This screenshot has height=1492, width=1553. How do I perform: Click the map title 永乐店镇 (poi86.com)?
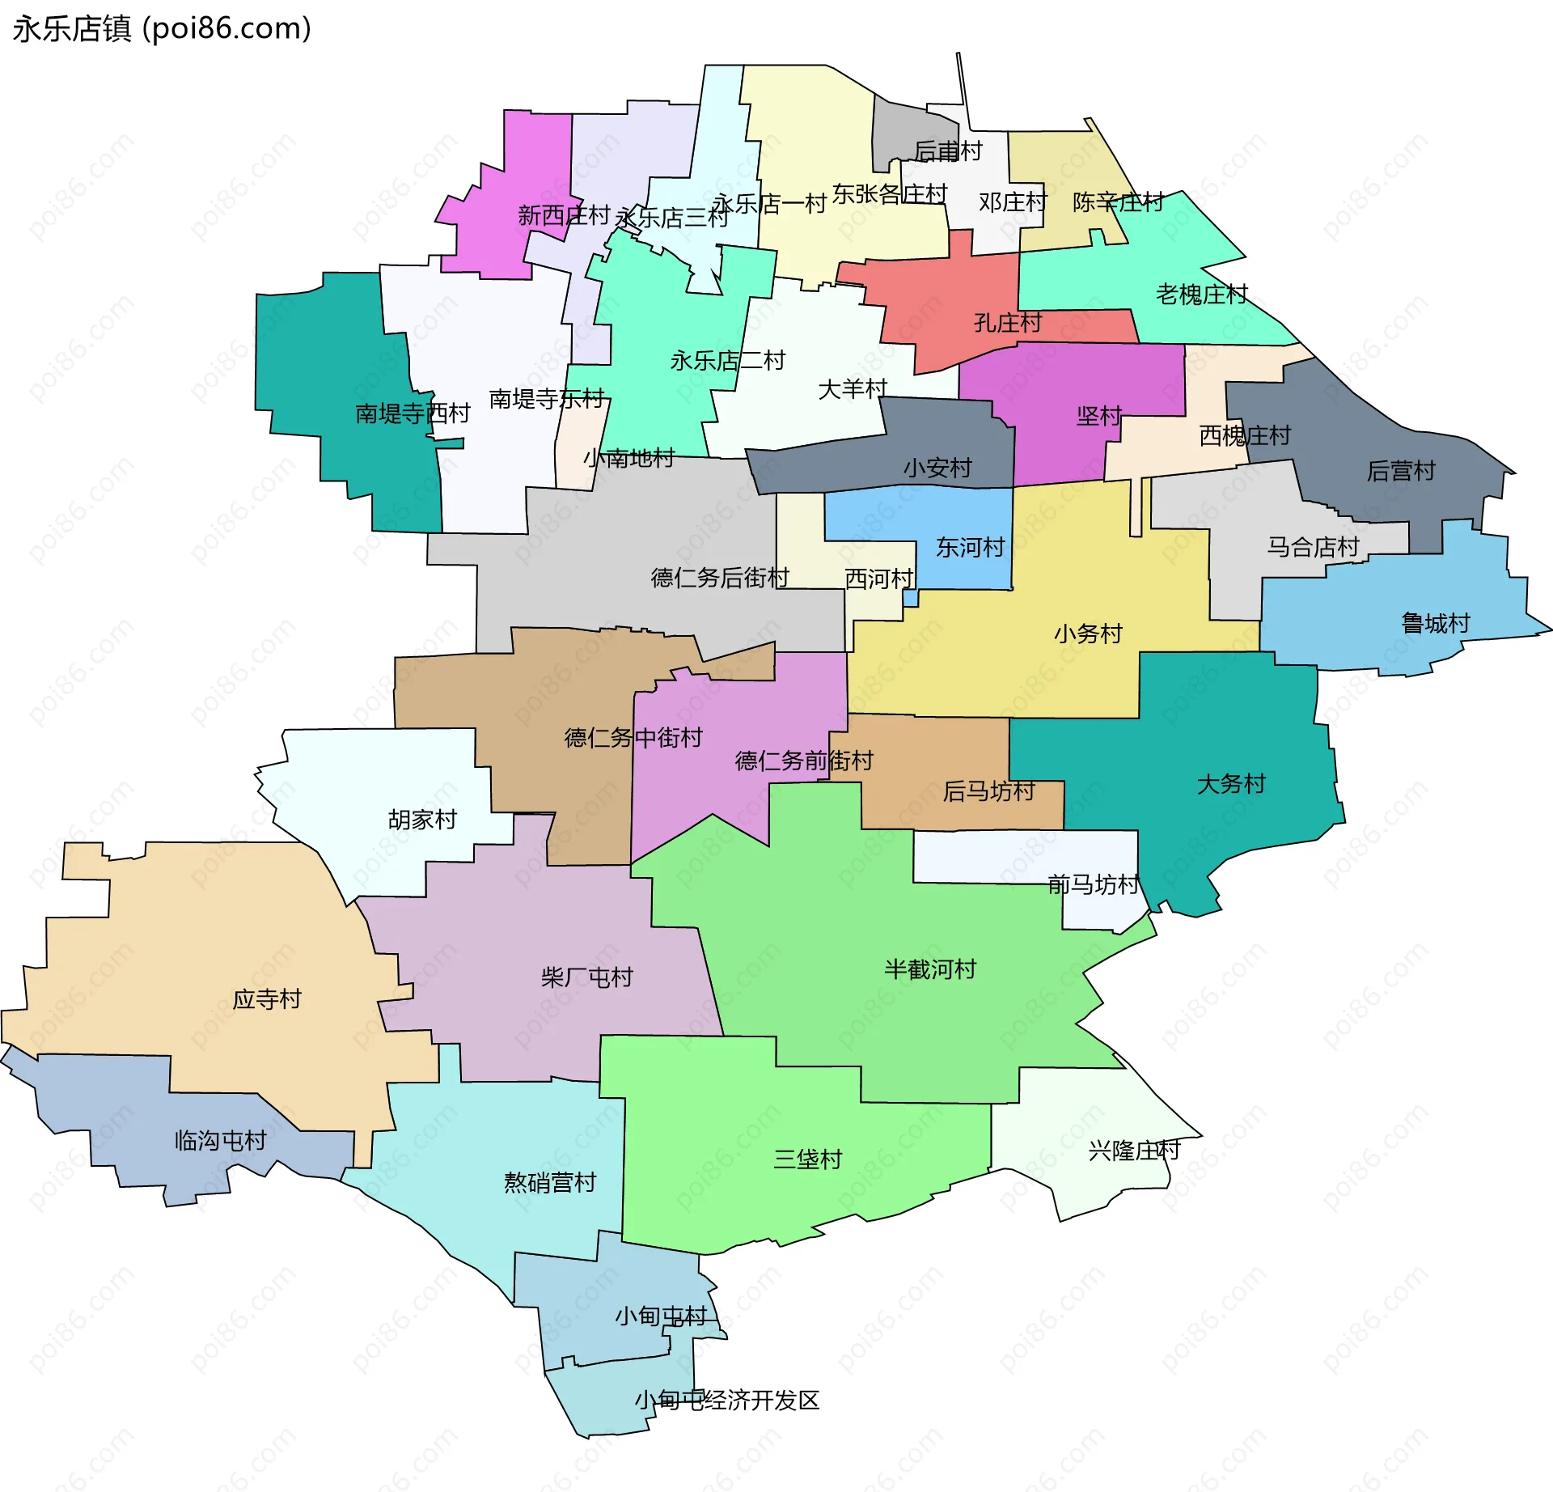[162, 28]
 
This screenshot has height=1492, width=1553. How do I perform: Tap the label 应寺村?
[267, 999]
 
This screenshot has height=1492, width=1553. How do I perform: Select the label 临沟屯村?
[221, 1141]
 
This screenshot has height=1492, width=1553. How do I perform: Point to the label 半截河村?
[930, 969]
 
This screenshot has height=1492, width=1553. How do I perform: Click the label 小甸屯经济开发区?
[726, 1400]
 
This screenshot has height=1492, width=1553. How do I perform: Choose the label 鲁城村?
[1436, 623]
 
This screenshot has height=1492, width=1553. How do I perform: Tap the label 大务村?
[1231, 783]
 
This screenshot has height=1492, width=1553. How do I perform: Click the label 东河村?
[970, 548]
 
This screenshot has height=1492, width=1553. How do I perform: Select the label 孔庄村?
[1008, 323]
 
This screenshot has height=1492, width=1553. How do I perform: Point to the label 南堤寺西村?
[413, 413]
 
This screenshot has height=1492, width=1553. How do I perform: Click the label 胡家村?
[422, 820]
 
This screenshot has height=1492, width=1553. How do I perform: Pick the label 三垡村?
[807, 1159]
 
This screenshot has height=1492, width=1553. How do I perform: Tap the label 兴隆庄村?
[1134, 1151]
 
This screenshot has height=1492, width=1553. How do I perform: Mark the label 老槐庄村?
[1201, 295]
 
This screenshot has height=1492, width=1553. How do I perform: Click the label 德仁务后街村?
[720, 578]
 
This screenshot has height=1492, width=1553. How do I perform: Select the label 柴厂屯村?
[586, 977]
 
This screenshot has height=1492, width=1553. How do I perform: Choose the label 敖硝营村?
[550, 1183]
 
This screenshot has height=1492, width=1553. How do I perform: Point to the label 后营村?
[1400, 471]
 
